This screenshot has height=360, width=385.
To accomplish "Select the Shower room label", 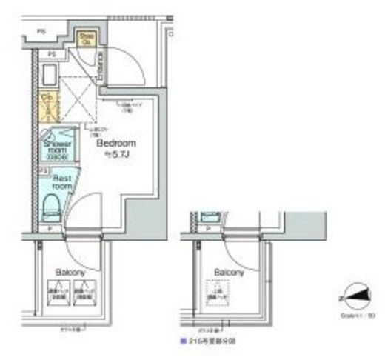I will point(56,147).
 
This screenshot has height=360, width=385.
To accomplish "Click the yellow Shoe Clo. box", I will point(87,38).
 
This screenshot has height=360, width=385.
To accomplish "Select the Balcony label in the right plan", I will point(229,273).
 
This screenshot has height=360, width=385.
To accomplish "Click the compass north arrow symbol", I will point(355,297).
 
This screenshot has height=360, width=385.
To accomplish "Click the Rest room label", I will point(58,182).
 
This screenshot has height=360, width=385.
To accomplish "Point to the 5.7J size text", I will point(115,156).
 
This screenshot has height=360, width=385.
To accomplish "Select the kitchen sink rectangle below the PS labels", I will point(49,76).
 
